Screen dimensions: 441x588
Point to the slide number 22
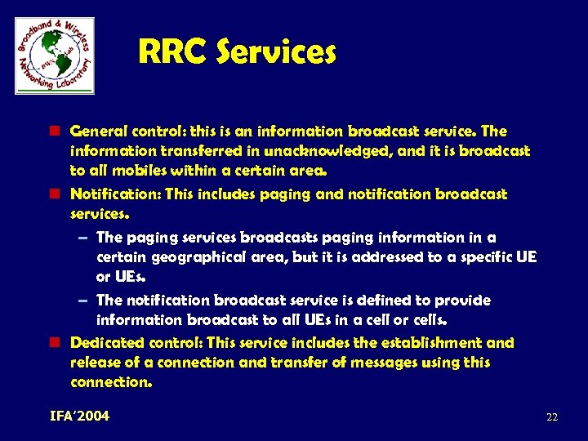(x=552, y=417)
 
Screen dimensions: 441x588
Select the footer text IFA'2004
(x=79, y=416)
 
